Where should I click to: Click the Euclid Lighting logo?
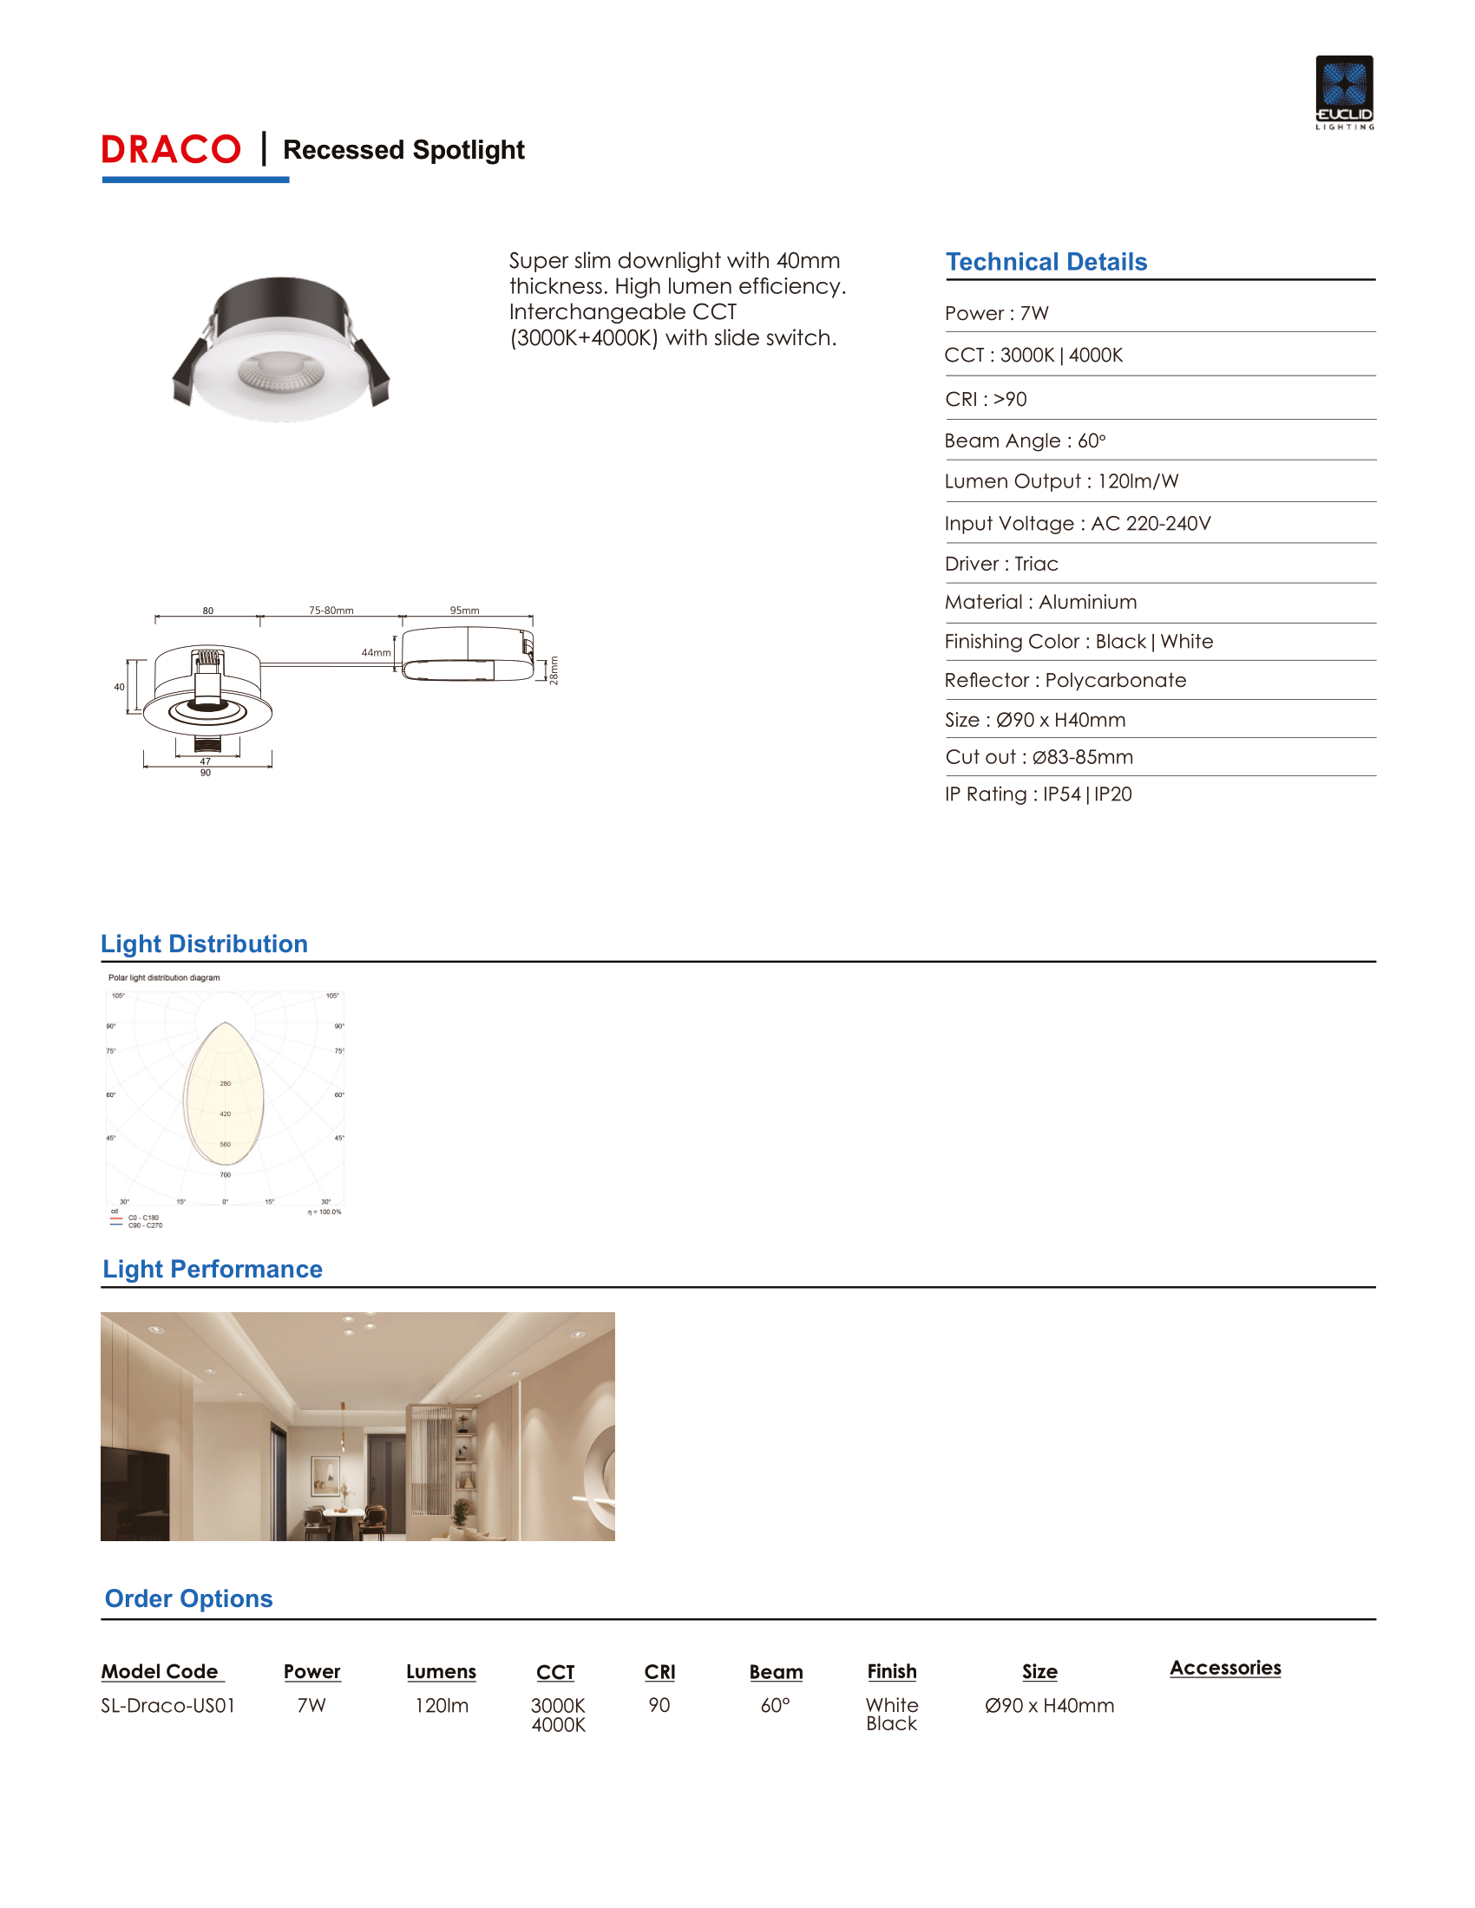click(x=1344, y=92)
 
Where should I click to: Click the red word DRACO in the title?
click(x=171, y=149)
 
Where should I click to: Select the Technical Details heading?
click(x=1046, y=262)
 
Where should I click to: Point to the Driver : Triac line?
click(x=1001, y=565)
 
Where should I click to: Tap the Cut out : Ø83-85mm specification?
click(x=1039, y=757)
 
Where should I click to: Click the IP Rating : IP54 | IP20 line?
click(x=1038, y=794)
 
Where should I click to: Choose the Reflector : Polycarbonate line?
click(x=1065, y=681)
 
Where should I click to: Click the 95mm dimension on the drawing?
click(x=464, y=611)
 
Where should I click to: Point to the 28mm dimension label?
click(x=554, y=671)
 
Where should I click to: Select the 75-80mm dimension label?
click(x=331, y=611)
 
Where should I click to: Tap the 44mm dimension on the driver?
click(x=376, y=652)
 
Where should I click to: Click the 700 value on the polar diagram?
click(x=226, y=1175)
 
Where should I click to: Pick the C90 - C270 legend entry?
click(x=145, y=1225)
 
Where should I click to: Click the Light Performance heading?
click(x=213, y=1270)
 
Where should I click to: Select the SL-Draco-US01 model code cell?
click(x=167, y=1705)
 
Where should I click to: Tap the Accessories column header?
click(x=1225, y=1668)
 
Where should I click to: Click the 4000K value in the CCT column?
click(x=559, y=1725)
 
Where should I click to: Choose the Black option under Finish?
click(x=891, y=1723)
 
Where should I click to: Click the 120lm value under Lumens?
click(x=442, y=1705)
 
